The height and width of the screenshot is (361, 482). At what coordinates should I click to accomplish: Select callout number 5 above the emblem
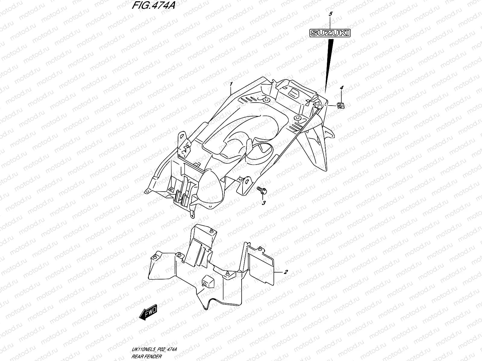coord(330,14)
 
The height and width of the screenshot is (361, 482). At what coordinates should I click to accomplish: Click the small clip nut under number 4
coord(341,105)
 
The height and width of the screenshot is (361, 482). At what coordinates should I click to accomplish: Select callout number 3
coord(264,203)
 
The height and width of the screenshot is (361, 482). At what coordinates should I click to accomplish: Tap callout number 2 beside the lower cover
coord(286,272)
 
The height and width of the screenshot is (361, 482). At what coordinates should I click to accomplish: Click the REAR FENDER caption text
coord(146,357)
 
